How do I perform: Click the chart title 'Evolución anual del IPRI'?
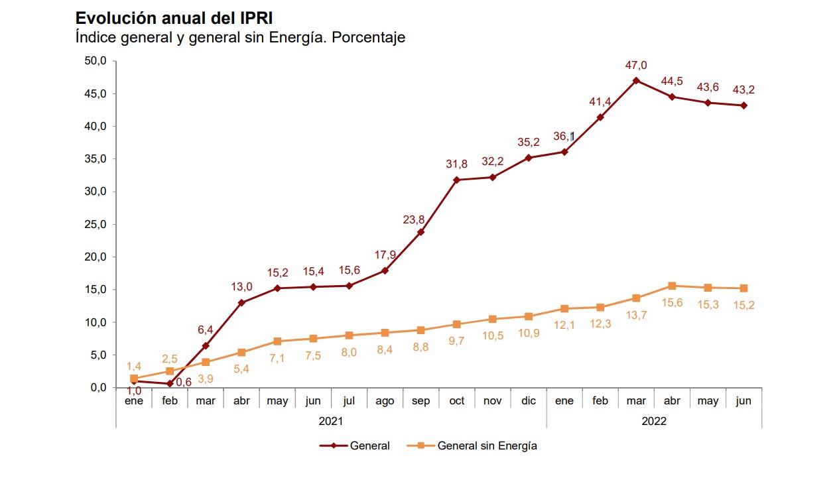[174, 18]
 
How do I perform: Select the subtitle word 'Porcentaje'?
[368, 38]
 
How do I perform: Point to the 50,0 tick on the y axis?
[96, 61]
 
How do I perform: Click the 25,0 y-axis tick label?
[96, 224]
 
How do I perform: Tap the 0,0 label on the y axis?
[98, 388]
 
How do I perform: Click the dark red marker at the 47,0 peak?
[636, 81]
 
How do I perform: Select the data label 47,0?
[635, 65]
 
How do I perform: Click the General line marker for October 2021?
[456, 180]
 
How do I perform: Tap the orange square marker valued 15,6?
[672, 286]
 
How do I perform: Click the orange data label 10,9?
[528, 333]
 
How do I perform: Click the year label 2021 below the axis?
[331, 420]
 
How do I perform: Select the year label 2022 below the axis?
[653, 420]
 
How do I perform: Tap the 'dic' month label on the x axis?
[528, 401]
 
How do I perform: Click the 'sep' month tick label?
[420, 401]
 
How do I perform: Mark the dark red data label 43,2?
[743, 90]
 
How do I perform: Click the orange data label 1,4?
[133, 366]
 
